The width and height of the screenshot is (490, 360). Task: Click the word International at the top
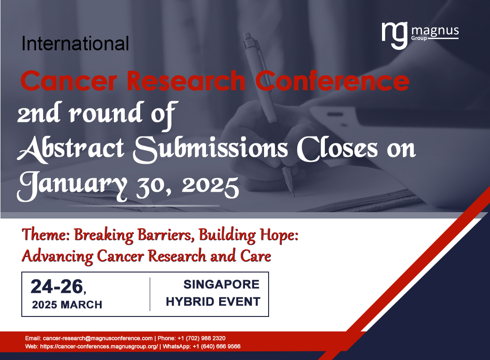[x=75, y=44]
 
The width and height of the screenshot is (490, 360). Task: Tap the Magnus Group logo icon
[x=394, y=34]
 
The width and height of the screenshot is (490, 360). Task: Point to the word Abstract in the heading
[x=71, y=148]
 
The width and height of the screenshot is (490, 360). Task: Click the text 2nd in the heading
[x=38, y=114]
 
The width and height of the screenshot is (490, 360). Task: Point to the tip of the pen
[x=294, y=195]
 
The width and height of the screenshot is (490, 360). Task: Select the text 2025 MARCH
[x=67, y=305]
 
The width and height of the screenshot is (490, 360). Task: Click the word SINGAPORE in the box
[x=221, y=285]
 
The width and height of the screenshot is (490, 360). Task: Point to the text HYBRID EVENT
[x=213, y=302]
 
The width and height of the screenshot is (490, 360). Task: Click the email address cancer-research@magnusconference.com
[x=98, y=338]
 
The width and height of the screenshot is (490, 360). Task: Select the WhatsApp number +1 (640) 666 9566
[x=216, y=346]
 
